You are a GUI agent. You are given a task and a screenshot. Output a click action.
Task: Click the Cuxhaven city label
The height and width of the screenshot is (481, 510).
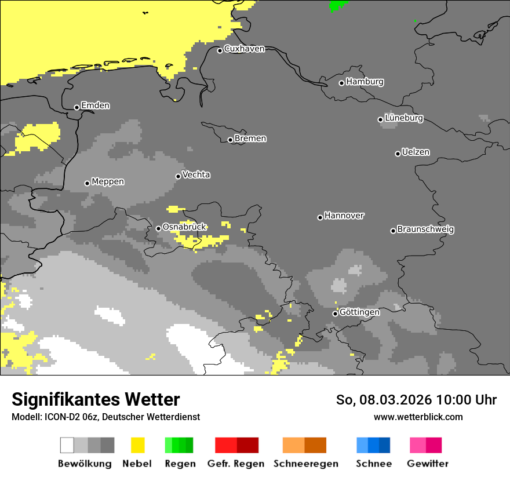[244, 49]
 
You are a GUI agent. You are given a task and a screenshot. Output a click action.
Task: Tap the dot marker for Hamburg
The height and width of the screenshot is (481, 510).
[341, 83]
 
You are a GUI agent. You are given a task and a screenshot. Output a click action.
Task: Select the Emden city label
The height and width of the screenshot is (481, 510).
[95, 105]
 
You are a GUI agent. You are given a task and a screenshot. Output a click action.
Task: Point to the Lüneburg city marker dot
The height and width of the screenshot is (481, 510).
[380, 119]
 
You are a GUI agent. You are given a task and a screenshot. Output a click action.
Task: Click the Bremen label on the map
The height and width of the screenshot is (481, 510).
[250, 139]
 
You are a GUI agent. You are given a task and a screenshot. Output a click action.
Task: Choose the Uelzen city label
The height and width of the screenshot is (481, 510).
[416, 152]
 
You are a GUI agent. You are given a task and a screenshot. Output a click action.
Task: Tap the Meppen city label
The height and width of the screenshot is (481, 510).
[108, 181]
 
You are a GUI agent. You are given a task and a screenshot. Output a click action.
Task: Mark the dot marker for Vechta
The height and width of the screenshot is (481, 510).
[178, 176]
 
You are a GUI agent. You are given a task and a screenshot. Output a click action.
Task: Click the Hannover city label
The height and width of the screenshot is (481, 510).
[344, 216]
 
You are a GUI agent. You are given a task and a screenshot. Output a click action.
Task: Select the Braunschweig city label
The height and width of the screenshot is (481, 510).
[425, 229]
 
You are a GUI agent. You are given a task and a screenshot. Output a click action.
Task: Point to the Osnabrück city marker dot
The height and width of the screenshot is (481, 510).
[158, 228]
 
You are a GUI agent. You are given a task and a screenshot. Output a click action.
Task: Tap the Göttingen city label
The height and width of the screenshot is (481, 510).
[359, 312]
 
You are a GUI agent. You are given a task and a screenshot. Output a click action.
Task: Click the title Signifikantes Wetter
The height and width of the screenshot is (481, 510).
[96, 400]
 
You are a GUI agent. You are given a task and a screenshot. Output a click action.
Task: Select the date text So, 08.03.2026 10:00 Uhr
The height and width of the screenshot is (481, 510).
[416, 400]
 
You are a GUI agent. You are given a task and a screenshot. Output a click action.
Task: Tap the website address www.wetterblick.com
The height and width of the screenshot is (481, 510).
[418, 417]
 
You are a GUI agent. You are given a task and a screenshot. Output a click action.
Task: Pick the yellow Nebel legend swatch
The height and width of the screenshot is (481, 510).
[137, 445]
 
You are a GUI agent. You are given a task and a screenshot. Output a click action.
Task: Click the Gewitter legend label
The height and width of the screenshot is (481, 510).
[427, 464]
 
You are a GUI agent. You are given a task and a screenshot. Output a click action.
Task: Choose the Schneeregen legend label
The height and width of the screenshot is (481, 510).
[305, 464]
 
